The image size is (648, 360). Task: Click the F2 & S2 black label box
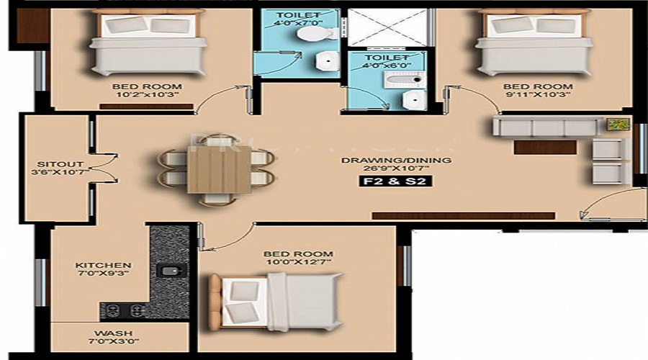[395, 181]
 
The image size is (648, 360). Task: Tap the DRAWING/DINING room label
[396, 160]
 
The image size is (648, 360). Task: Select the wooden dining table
[219, 169]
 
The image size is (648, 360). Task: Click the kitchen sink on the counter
[169, 271]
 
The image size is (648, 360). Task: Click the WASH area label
[113, 333]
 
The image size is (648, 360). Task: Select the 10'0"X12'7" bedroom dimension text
[298, 262]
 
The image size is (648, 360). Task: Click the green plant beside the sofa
[618, 124]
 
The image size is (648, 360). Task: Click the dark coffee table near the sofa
[545, 147]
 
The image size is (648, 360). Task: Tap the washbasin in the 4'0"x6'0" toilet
[414, 100]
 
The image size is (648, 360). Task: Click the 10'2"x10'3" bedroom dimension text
[147, 94]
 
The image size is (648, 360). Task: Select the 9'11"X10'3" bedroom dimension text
[538, 94]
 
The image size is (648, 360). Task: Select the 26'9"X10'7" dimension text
[396, 168]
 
